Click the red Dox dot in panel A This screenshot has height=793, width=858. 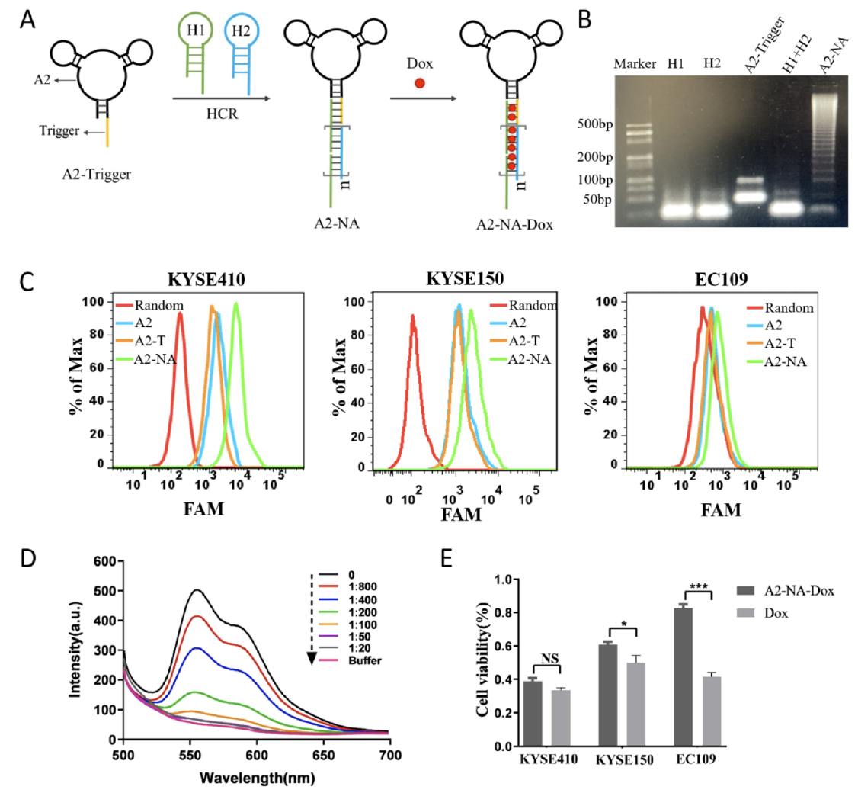(x=418, y=82)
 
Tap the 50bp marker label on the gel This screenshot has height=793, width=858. (x=597, y=200)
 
